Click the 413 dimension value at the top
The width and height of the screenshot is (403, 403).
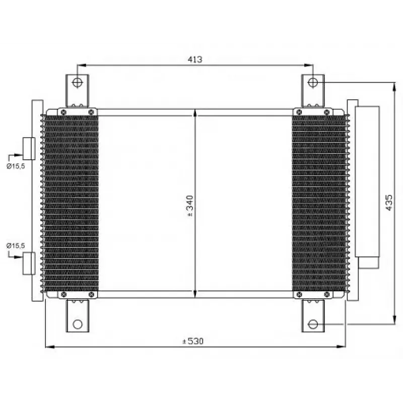(195, 59)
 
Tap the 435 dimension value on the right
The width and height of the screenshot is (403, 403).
(389, 203)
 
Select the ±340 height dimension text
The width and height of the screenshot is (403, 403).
(190, 206)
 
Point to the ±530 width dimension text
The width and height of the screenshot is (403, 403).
(193, 341)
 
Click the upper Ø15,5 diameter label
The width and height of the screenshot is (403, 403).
(16, 166)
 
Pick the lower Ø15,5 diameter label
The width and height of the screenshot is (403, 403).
(16, 245)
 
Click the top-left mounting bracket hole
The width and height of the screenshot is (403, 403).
(77, 83)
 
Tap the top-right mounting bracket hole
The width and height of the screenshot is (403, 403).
(313, 83)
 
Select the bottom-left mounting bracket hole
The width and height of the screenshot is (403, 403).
(78, 324)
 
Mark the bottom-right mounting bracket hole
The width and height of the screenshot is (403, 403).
(313, 324)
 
